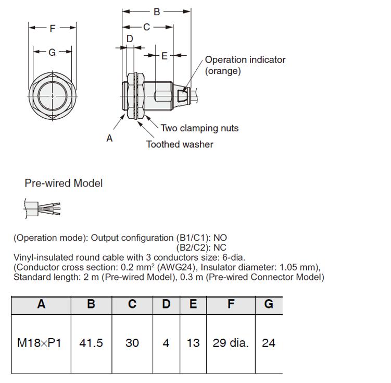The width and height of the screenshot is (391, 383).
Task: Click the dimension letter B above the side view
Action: (x=157, y=12)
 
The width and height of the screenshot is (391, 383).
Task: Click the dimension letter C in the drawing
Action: (x=146, y=27)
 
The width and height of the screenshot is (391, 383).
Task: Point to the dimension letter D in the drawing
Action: (x=130, y=39)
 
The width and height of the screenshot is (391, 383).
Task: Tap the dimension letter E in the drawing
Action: (x=165, y=56)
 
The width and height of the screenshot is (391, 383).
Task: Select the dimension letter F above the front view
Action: (x=52, y=29)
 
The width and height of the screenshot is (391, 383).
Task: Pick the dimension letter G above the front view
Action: (x=52, y=53)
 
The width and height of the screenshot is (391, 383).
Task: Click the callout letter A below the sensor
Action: (x=109, y=138)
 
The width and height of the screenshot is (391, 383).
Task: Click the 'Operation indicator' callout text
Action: (x=245, y=60)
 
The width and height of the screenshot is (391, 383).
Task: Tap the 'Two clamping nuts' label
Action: (x=199, y=128)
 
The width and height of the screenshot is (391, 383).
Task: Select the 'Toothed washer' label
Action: (x=180, y=144)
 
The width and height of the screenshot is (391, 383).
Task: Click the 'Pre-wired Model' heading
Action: (x=64, y=183)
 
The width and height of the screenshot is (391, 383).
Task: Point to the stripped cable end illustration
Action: (x=42, y=208)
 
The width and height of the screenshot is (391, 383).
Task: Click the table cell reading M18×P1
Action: (x=39, y=343)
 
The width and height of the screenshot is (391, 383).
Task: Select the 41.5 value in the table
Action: (x=91, y=343)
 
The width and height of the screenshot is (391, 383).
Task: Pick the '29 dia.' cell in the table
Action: (x=231, y=343)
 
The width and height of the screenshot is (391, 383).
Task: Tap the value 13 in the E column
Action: (x=193, y=343)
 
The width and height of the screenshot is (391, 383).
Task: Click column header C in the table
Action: (x=132, y=304)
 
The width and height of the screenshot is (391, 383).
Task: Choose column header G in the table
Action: (x=269, y=304)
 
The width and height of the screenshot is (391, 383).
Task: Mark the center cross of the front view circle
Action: (x=53, y=96)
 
